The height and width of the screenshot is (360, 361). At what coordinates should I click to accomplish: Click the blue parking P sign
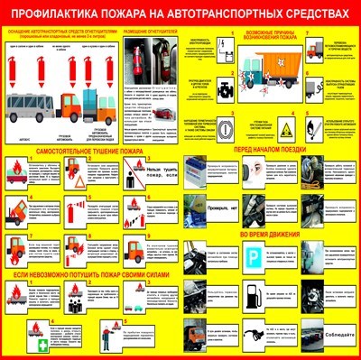coord(256,257)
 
